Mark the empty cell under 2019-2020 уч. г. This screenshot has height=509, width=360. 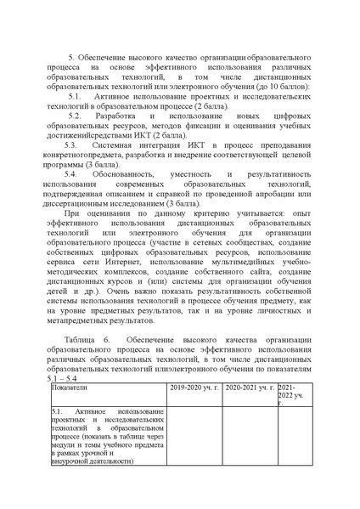coord(196,436)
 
